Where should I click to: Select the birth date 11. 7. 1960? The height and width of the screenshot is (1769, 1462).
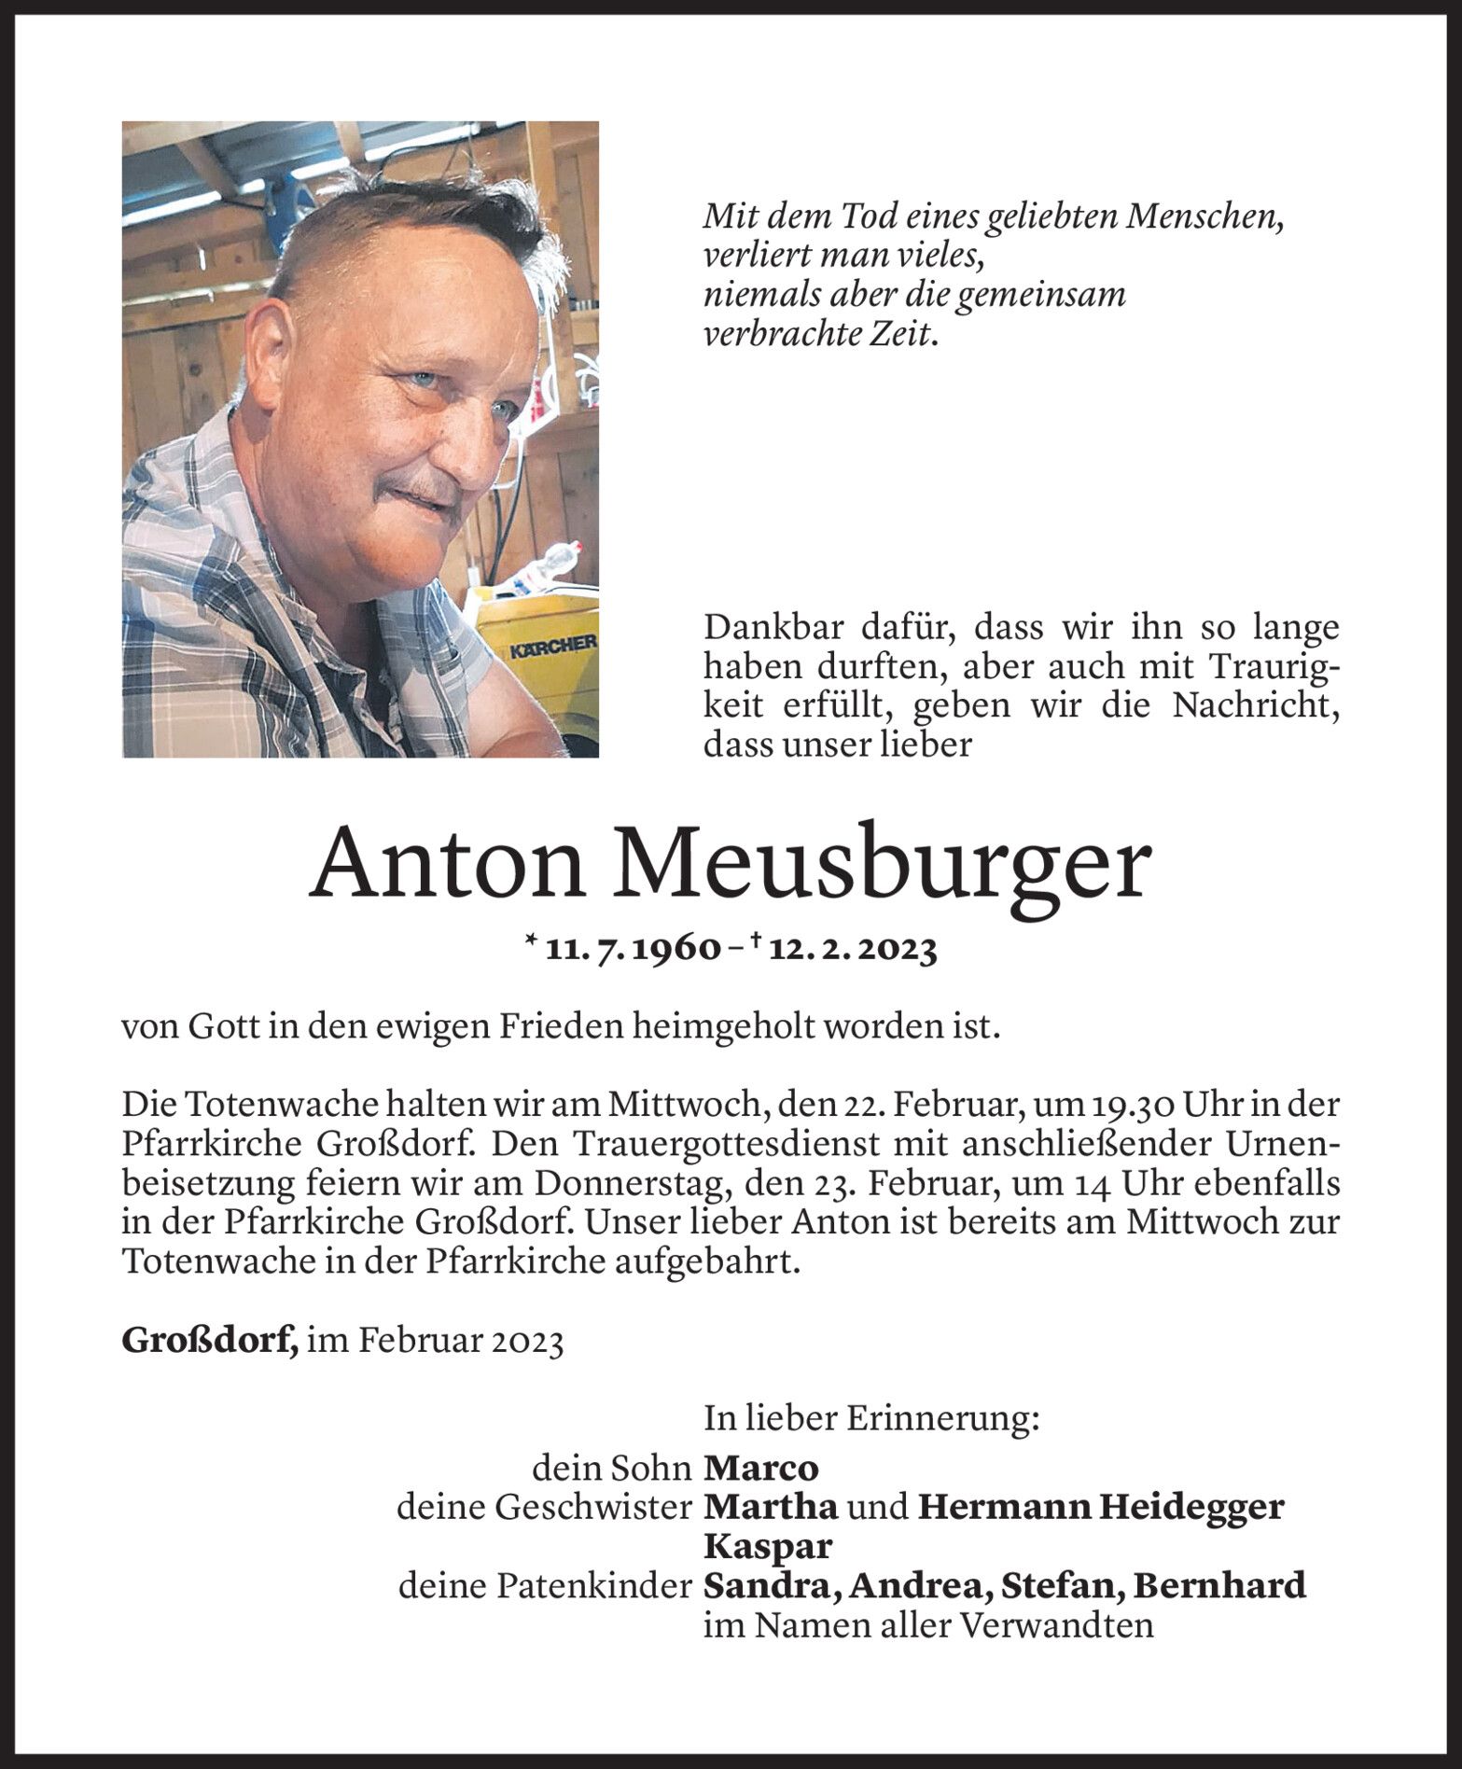[633, 951]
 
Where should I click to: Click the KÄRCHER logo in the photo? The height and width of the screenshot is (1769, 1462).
[552, 645]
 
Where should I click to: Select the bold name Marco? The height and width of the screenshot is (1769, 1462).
[760, 1469]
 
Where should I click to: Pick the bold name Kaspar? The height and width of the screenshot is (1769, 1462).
[767, 1547]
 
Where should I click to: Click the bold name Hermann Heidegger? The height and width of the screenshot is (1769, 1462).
[1101, 1507]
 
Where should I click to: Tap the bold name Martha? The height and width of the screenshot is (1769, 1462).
[771, 1507]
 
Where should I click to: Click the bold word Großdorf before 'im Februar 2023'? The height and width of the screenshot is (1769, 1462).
[209, 1342]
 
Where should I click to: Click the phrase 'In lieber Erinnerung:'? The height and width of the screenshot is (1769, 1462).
[871, 1419]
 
